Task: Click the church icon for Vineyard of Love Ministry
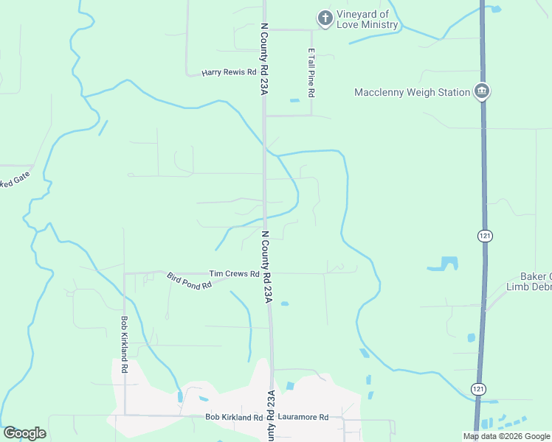[x=324, y=18]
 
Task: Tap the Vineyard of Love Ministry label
[x=368, y=20]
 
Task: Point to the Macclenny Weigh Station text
[x=412, y=92]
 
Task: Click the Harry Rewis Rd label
[x=229, y=73]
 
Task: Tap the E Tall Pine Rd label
[x=311, y=74]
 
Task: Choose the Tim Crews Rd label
[x=234, y=273]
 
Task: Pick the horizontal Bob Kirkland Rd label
[x=234, y=417]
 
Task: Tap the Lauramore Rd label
[x=303, y=417]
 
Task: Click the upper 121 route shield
[x=485, y=236]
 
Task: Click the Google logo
[x=24, y=433]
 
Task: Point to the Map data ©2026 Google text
[x=506, y=436]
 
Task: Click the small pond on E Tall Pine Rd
[x=294, y=100]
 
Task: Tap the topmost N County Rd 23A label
[x=263, y=57]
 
